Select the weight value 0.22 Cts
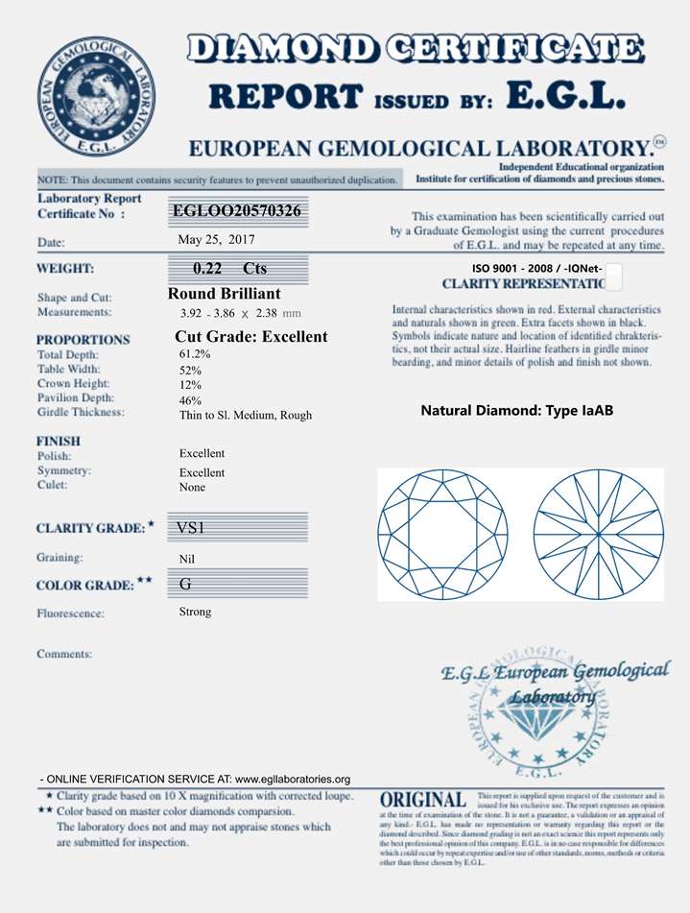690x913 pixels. [x=229, y=269]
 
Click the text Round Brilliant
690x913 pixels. [x=224, y=294]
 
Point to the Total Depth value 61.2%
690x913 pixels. [x=195, y=354]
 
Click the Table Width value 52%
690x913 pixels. [x=190, y=370]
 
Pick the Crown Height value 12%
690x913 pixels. [x=190, y=385]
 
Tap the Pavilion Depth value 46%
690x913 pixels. [x=190, y=400]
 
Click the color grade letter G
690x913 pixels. [x=185, y=584]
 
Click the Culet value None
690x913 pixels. [x=192, y=488]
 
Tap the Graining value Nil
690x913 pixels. [x=187, y=559]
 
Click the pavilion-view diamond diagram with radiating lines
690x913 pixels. [x=599, y=533]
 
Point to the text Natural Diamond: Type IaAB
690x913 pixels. [x=516, y=411]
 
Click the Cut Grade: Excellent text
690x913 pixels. [x=251, y=337]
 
